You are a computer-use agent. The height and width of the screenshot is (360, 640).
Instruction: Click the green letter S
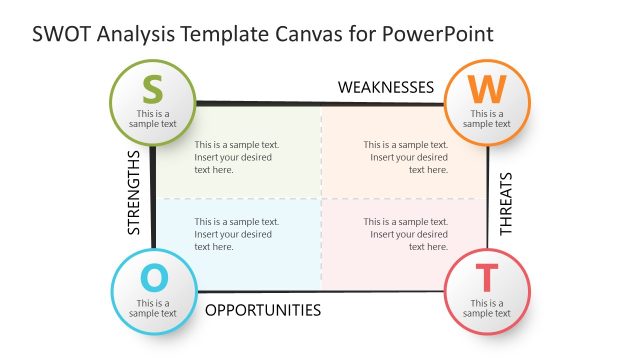pos(152,89)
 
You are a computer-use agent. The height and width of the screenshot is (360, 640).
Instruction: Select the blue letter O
pos(152,276)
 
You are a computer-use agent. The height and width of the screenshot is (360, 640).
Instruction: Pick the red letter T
pos(486,277)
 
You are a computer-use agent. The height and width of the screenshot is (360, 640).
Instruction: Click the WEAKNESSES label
pos(386,88)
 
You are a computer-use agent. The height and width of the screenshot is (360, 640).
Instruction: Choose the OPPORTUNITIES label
pos(263,310)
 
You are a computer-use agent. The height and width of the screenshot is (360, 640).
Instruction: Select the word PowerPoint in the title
pos(441,33)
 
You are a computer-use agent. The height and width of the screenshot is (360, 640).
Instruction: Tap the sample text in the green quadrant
pos(237,157)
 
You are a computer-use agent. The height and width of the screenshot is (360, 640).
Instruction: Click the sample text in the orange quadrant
pos(405,157)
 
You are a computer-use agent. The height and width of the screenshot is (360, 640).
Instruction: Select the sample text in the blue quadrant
pos(237,234)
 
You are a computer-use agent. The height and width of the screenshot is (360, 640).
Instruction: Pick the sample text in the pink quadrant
pos(405,234)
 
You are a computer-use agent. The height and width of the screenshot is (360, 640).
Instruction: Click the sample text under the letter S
pos(152,119)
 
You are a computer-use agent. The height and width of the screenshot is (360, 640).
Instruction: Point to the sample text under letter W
pos(487,119)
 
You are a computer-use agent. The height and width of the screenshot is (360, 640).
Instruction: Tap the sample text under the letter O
pos(152,308)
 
